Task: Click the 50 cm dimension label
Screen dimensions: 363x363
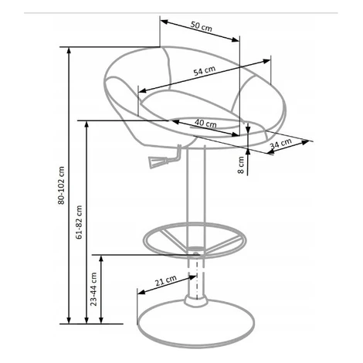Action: (x=202, y=26)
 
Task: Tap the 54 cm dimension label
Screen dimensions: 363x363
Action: (x=205, y=70)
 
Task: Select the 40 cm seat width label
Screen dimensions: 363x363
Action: (x=205, y=123)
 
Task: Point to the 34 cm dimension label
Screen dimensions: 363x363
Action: (x=280, y=144)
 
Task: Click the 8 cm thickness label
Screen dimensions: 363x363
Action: (x=241, y=165)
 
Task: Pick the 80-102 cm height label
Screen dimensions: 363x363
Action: (x=61, y=185)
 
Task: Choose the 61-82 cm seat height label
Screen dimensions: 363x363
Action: (x=79, y=222)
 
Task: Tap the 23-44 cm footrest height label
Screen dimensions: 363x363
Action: (x=93, y=289)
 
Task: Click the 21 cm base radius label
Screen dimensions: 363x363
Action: (x=166, y=280)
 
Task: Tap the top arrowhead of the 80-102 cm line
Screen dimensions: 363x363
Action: (x=69, y=50)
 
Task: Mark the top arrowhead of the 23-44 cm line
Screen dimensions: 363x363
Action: (x=101, y=259)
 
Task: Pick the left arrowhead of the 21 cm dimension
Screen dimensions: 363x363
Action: (x=141, y=292)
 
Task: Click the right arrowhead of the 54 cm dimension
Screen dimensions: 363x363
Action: (x=266, y=61)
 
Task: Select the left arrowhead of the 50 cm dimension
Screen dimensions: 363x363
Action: (x=165, y=22)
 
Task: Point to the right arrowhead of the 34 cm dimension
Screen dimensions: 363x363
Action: (x=305, y=142)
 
